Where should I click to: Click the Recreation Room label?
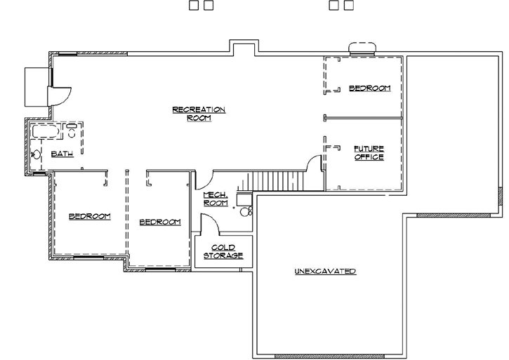click(x=199, y=114)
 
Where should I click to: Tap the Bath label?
click(x=62, y=155)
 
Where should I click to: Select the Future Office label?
click(x=368, y=152)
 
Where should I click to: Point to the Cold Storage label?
click(x=223, y=251)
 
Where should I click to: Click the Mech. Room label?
click(x=215, y=199)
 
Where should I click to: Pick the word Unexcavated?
click(x=325, y=271)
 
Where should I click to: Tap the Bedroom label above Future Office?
click(x=369, y=88)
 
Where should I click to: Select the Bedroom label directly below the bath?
click(x=89, y=216)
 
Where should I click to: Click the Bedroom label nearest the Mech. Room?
click(x=160, y=222)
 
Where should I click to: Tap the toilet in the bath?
click(x=72, y=129)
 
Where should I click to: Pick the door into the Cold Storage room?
click(x=209, y=227)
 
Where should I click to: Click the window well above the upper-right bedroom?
click(x=362, y=48)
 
